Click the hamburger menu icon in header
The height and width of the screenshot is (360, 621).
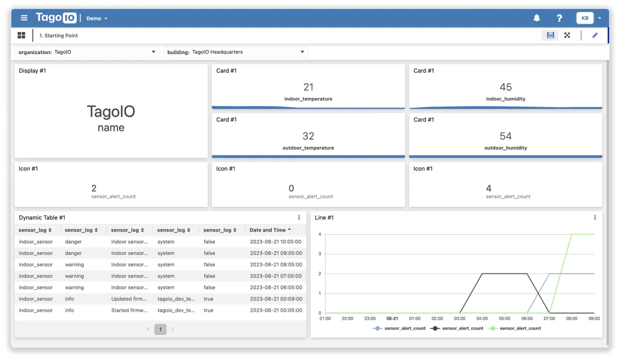point(24,18)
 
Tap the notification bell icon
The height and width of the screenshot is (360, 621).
point(536,18)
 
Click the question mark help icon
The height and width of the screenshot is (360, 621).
point(559,18)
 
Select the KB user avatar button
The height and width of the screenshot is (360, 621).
point(585,18)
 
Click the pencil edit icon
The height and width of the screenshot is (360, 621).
point(595,35)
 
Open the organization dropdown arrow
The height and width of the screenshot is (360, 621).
point(153,52)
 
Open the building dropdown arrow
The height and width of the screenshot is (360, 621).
point(302,52)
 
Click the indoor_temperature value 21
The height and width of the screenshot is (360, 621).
point(308,87)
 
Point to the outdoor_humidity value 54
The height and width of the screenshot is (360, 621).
point(505,136)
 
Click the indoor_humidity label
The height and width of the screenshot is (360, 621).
point(505,99)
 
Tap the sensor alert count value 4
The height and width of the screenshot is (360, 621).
point(489,188)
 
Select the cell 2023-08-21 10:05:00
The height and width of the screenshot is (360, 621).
point(276,242)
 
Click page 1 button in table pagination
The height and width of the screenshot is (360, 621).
point(160,329)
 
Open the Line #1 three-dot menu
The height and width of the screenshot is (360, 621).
point(595,217)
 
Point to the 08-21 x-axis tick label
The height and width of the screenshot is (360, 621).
point(392,318)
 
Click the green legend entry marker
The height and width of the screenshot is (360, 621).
point(493,328)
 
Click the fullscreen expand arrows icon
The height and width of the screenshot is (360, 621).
point(567,35)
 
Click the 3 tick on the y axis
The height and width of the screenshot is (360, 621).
point(320,254)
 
